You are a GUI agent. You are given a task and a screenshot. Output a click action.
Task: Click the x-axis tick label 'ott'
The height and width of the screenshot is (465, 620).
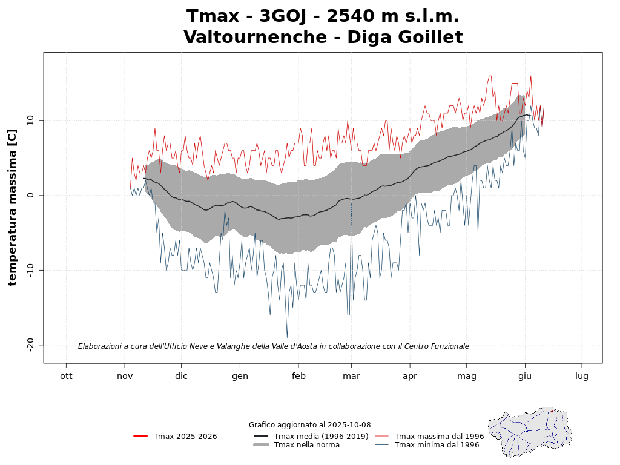(x=66, y=375)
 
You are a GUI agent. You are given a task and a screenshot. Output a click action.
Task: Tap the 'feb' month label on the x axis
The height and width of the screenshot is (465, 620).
(x=298, y=375)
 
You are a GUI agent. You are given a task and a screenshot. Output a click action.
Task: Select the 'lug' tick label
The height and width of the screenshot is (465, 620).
(x=582, y=375)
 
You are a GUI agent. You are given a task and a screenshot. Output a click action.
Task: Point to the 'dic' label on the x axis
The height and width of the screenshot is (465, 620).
(x=181, y=375)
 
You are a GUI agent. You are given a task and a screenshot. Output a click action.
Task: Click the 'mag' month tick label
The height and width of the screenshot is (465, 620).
(x=467, y=375)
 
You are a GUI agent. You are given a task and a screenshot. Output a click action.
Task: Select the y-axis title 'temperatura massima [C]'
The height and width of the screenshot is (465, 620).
(x=12, y=207)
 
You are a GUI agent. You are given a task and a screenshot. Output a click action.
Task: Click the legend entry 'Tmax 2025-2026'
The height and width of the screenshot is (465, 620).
(x=185, y=436)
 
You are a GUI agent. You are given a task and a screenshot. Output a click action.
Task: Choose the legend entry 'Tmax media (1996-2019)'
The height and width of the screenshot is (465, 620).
(x=321, y=436)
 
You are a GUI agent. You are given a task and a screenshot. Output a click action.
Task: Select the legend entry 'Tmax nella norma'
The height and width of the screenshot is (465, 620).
(x=306, y=445)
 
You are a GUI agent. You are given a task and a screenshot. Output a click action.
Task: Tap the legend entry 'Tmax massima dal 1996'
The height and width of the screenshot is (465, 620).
(x=439, y=436)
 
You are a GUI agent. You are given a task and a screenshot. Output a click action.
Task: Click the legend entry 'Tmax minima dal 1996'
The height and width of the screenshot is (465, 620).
(x=437, y=445)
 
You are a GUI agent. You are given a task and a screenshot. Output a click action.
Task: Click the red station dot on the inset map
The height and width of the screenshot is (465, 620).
(x=552, y=411)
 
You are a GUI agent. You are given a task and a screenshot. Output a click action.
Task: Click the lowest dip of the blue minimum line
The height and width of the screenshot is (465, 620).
(x=287, y=337)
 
